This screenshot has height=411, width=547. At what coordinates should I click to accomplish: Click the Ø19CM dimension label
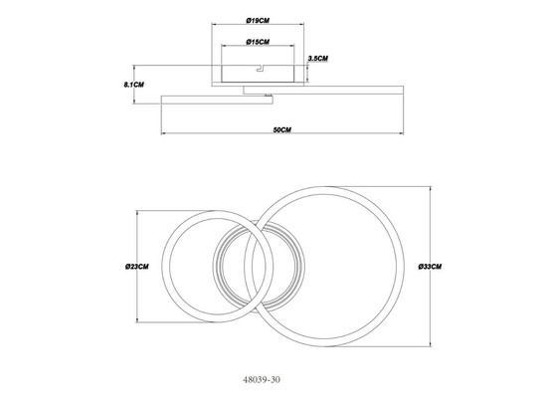[258, 21]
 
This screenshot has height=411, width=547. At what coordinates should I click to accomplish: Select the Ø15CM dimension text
[258, 42]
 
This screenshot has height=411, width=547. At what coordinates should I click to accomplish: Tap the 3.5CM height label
[318, 59]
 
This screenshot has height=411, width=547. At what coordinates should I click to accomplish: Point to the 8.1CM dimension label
[134, 85]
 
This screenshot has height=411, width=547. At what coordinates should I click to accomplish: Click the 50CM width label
[282, 130]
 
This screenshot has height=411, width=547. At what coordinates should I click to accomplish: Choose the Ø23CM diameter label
[137, 267]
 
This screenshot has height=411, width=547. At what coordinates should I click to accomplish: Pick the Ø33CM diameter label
[430, 267]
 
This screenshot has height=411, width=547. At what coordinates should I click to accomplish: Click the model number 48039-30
[262, 379]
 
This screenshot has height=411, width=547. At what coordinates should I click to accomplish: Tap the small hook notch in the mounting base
[261, 69]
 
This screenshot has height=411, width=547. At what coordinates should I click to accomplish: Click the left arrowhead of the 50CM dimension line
[163, 133]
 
